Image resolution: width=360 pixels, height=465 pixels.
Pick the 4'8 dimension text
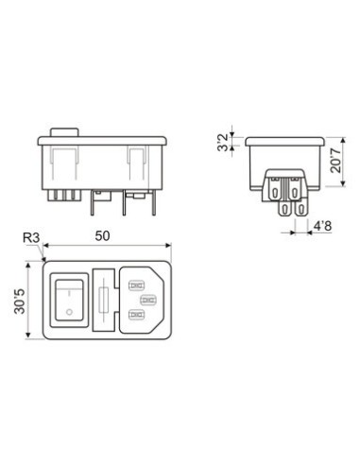[321, 227]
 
